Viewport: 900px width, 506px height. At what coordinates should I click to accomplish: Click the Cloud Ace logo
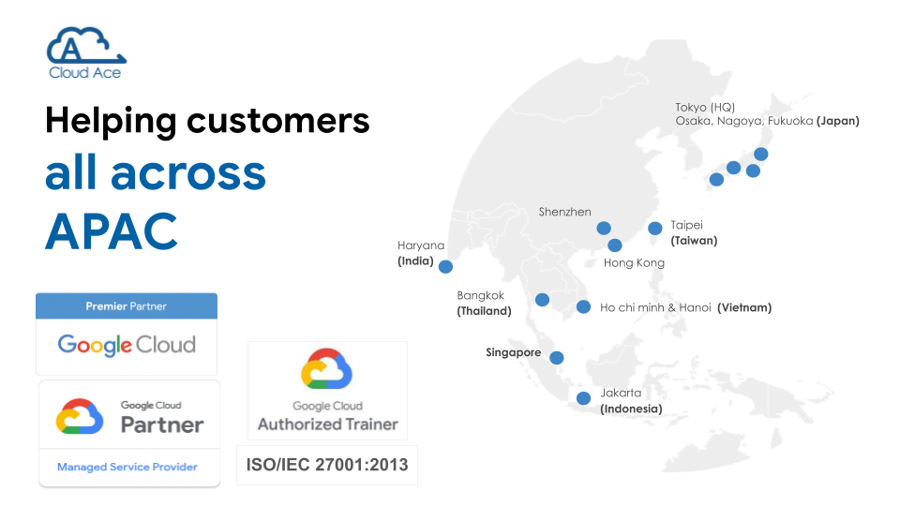(x=86, y=52)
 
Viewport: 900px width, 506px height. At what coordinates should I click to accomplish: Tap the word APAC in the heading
(x=112, y=231)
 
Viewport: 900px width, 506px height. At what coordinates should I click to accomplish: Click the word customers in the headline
(x=277, y=121)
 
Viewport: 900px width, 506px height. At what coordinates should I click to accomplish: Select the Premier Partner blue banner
(x=127, y=305)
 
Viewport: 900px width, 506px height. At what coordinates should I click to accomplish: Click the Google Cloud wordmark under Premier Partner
(x=127, y=345)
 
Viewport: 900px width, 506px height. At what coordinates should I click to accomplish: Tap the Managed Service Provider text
(x=127, y=467)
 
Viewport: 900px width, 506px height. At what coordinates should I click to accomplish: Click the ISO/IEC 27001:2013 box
(x=327, y=465)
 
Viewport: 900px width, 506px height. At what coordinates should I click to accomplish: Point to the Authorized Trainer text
(x=328, y=424)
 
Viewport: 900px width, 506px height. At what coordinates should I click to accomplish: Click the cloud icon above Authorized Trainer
(x=326, y=369)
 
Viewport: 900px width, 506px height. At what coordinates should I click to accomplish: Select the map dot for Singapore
(x=556, y=358)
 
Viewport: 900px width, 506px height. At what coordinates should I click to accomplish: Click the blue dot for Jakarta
(x=583, y=398)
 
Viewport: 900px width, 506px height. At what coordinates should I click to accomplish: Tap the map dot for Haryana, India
(x=445, y=266)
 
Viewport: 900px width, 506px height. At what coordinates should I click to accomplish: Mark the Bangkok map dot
(x=542, y=300)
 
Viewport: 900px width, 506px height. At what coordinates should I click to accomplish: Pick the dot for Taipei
(x=655, y=229)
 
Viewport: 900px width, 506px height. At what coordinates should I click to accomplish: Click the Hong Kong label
(x=634, y=262)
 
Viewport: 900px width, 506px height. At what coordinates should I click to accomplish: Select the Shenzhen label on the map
(x=564, y=212)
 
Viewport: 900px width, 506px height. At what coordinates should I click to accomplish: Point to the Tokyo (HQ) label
(x=705, y=107)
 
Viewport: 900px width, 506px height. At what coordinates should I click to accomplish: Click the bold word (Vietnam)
(x=744, y=307)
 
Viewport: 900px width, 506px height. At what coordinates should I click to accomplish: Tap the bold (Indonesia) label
(x=631, y=409)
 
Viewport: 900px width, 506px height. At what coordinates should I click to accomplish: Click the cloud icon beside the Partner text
(x=80, y=416)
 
